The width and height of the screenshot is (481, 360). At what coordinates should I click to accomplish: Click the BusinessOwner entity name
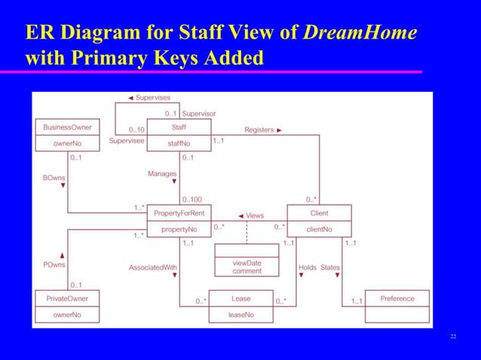(67, 127)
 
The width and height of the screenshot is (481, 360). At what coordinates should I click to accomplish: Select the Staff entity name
(179, 127)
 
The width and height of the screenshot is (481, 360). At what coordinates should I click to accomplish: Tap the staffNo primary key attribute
(179, 142)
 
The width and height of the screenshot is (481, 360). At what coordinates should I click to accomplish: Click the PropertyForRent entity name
(178, 214)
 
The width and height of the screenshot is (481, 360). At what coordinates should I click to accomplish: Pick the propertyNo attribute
(178, 228)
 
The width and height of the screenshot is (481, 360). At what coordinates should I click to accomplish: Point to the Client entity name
(319, 214)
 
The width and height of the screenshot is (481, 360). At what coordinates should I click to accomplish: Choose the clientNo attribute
(319, 228)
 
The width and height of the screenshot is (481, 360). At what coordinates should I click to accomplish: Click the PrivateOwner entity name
(67, 299)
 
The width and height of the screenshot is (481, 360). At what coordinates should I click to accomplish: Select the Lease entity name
(240, 299)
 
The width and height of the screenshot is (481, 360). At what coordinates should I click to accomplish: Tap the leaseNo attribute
(240, 314)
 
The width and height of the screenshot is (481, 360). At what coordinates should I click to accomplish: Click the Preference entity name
(397, 299)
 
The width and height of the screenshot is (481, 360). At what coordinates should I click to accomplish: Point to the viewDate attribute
(247, 263)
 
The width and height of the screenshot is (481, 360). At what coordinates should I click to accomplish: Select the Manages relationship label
(162, 173)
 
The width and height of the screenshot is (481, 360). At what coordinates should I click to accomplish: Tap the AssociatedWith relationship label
(153, 267)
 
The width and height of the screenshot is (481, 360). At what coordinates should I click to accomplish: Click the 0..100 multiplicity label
(192, 200)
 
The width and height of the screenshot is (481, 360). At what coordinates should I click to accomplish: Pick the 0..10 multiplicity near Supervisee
(136, 130)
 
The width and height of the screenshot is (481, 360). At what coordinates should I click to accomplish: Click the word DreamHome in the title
(360, 32)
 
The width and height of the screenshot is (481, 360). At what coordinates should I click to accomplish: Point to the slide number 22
(453, 336)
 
